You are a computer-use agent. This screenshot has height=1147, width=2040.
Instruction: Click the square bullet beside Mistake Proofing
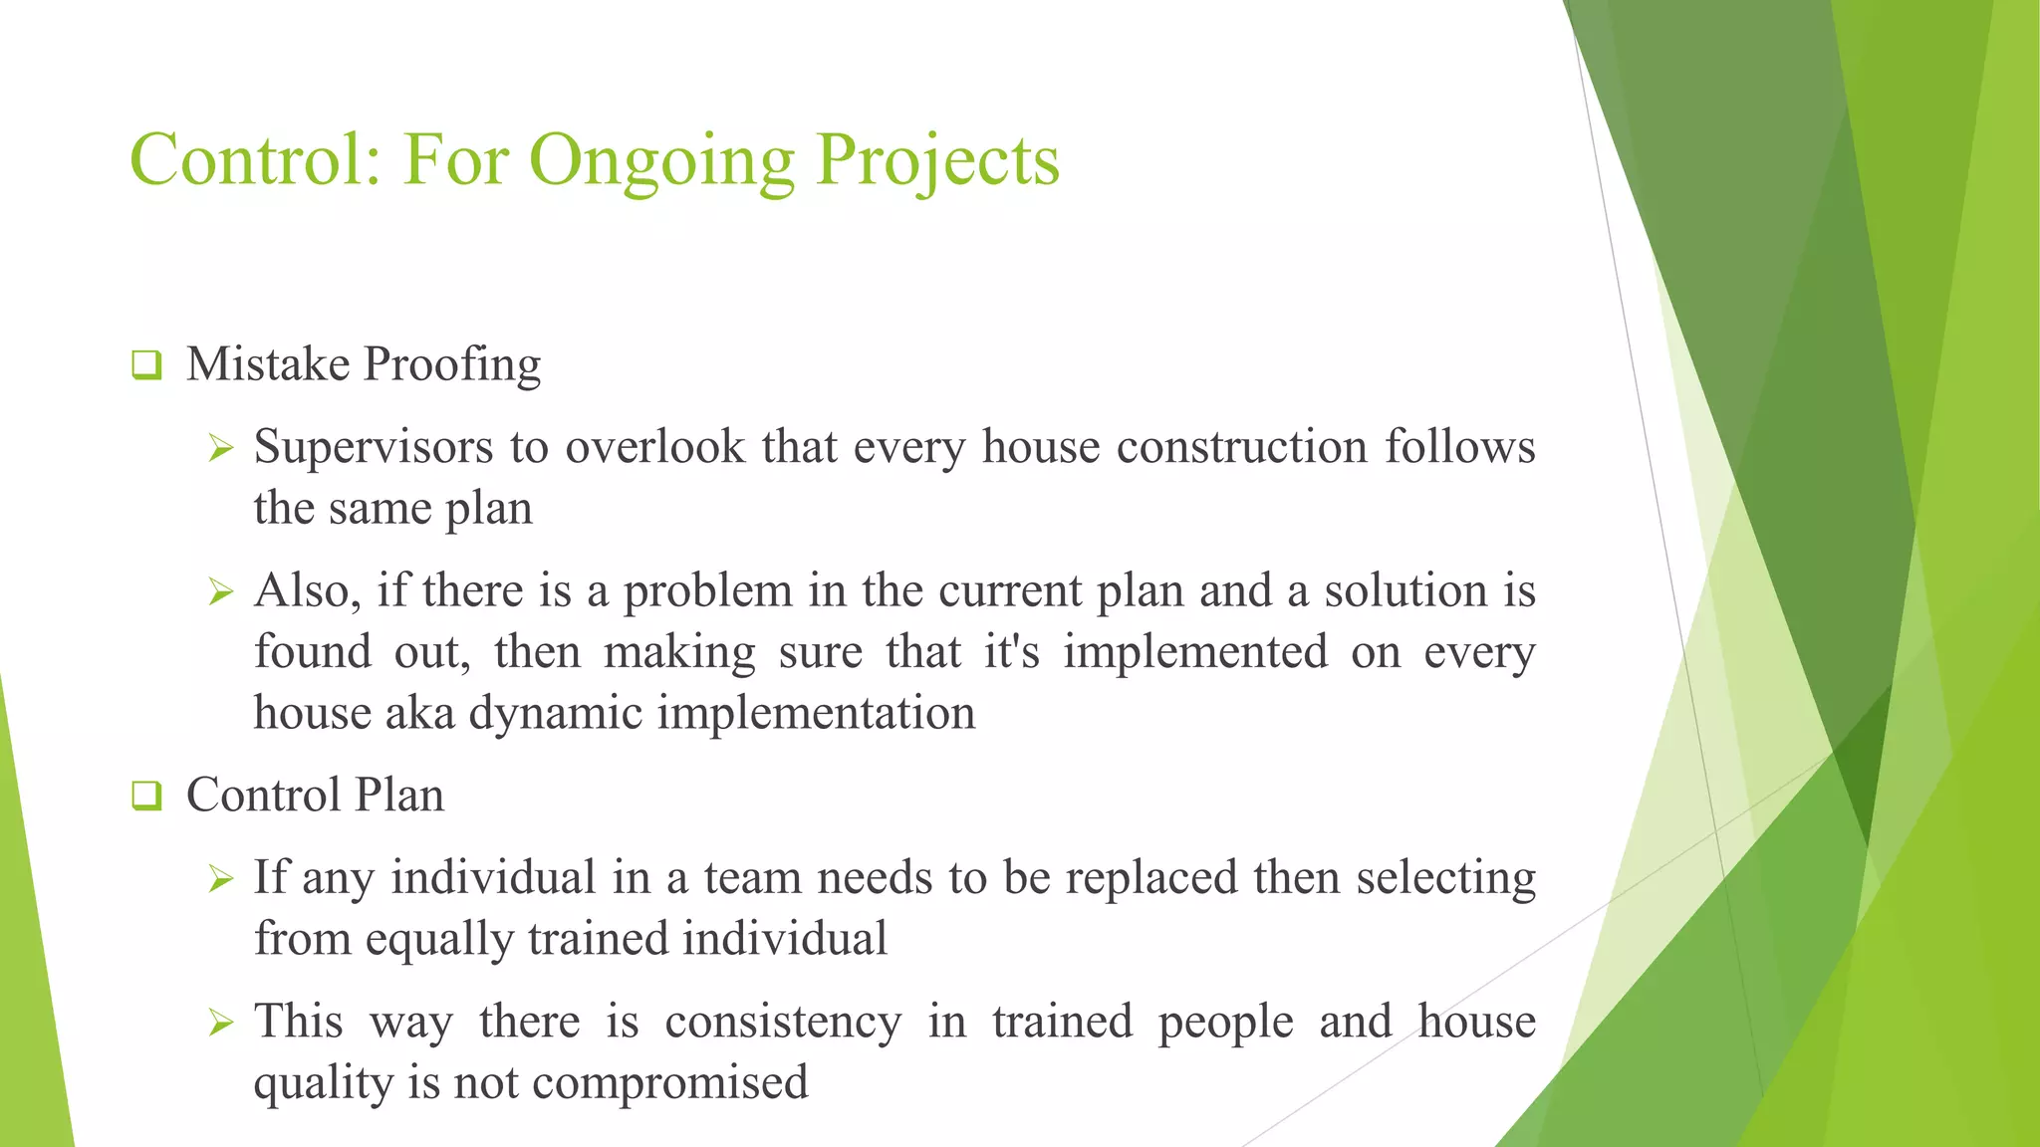click(146, 365)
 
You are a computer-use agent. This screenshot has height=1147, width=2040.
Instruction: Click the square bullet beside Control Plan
click(146, 796)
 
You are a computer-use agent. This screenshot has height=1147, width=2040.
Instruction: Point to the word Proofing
click(452, 365)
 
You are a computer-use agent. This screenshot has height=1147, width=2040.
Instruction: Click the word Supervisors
click(374, 447)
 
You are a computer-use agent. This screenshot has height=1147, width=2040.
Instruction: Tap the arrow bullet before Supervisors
click(220, 449)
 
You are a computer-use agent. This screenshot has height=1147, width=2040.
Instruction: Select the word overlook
click(655, 447)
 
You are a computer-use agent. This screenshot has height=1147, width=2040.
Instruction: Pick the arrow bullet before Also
click(220, 593)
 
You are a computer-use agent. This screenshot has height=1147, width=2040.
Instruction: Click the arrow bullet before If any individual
click(220, 879)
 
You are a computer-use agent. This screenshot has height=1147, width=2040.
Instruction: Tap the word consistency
click(783, 1023)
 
